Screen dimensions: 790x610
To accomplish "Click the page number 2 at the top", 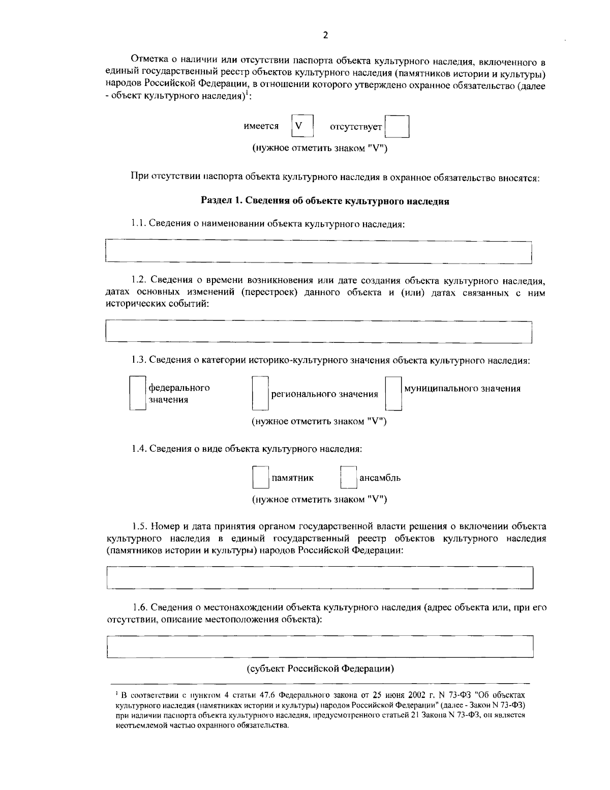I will point(325,35).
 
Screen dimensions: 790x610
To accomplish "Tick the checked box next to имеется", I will point(302,126).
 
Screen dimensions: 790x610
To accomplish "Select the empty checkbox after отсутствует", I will point(397,126).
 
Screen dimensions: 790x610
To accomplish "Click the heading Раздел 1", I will point(325,201).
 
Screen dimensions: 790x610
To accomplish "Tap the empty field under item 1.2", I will point(318,332).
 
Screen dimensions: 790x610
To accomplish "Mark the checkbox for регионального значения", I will point(260,393).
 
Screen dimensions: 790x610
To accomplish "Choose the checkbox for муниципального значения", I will point(393,393).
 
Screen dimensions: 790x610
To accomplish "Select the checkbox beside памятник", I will point(261,478).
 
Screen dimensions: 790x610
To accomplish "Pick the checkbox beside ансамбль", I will point(348,478).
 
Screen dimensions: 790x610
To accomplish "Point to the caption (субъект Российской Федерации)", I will point(320,668).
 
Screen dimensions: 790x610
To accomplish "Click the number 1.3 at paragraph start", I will point(138,360).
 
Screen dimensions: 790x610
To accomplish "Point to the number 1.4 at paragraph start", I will point(138,449).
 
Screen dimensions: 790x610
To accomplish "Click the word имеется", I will point(261,126).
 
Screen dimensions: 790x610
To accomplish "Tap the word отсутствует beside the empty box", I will point(356,127).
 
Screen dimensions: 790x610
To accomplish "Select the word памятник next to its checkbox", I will point(293,478).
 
